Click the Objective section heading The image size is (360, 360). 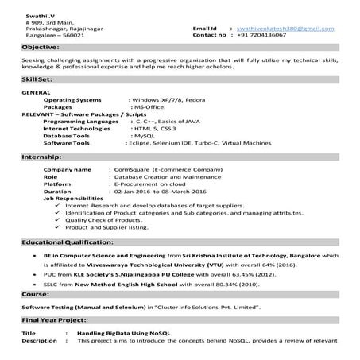pos(41,48)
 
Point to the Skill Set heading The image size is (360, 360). pos(38,80)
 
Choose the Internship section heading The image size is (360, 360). pos(41,157)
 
